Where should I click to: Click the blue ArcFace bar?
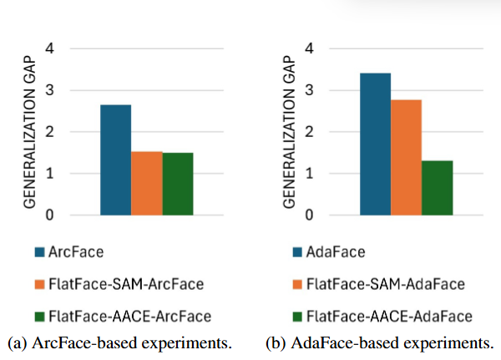(115, 160)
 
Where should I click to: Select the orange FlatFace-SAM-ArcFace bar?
(147, 183)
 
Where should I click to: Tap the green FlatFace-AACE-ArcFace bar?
(178, 184)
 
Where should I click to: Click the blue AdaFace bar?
(375, 144)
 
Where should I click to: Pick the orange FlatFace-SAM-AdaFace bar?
(406, 157)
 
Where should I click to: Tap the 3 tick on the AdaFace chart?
(310, 90)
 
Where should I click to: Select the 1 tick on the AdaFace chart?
(310, 174)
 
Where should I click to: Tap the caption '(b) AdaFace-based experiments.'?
(379, 342)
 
